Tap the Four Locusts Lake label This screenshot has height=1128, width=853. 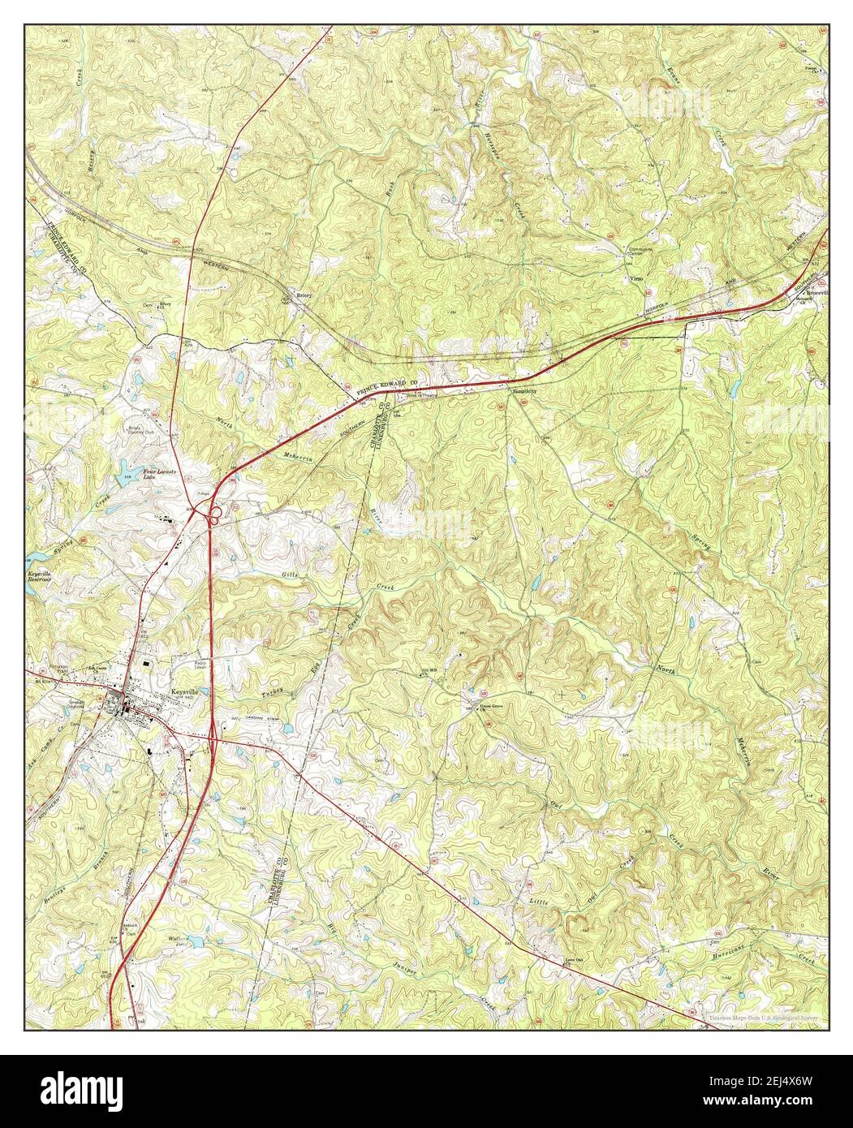point(149,474)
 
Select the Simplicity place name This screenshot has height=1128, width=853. point(525,391)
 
